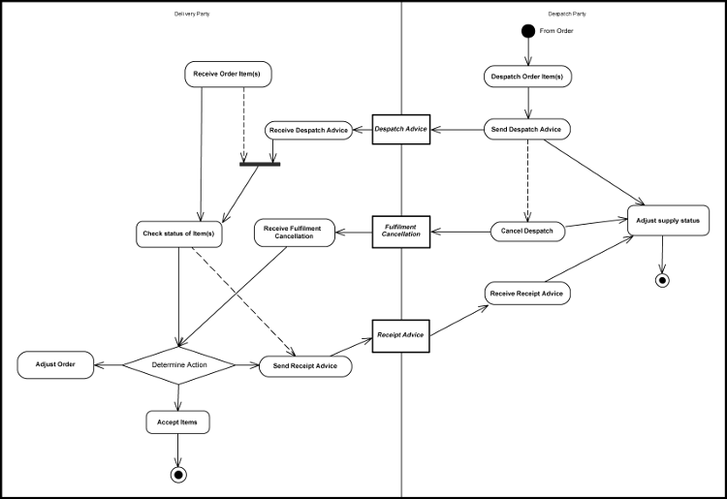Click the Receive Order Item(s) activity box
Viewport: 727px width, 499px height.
tap(227, 74)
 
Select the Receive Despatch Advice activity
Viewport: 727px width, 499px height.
tap(307, 130)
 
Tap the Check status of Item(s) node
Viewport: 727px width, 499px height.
tap(178, 234)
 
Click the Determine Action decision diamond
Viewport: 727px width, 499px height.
tap(178, 365)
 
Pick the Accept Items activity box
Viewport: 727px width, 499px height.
tap(177, 421)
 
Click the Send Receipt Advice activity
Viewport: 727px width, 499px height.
tap(305, 365)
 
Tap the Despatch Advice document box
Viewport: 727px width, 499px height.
tap(401, 129)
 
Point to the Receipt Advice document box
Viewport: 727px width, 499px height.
tap(401, 335)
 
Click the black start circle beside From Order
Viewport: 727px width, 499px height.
tap(528, 31)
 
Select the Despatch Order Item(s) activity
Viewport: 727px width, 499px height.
tap(528, 76)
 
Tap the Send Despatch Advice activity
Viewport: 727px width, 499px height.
tap(527, 129)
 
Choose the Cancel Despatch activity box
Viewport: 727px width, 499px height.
tap(527, 231)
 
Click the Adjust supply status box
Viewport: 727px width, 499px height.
tap(668, 221)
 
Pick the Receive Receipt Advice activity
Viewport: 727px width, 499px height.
tap(527, 293)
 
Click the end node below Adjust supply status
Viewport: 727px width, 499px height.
tap(662, 281)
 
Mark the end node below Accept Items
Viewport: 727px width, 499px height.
tap(177, 474)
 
